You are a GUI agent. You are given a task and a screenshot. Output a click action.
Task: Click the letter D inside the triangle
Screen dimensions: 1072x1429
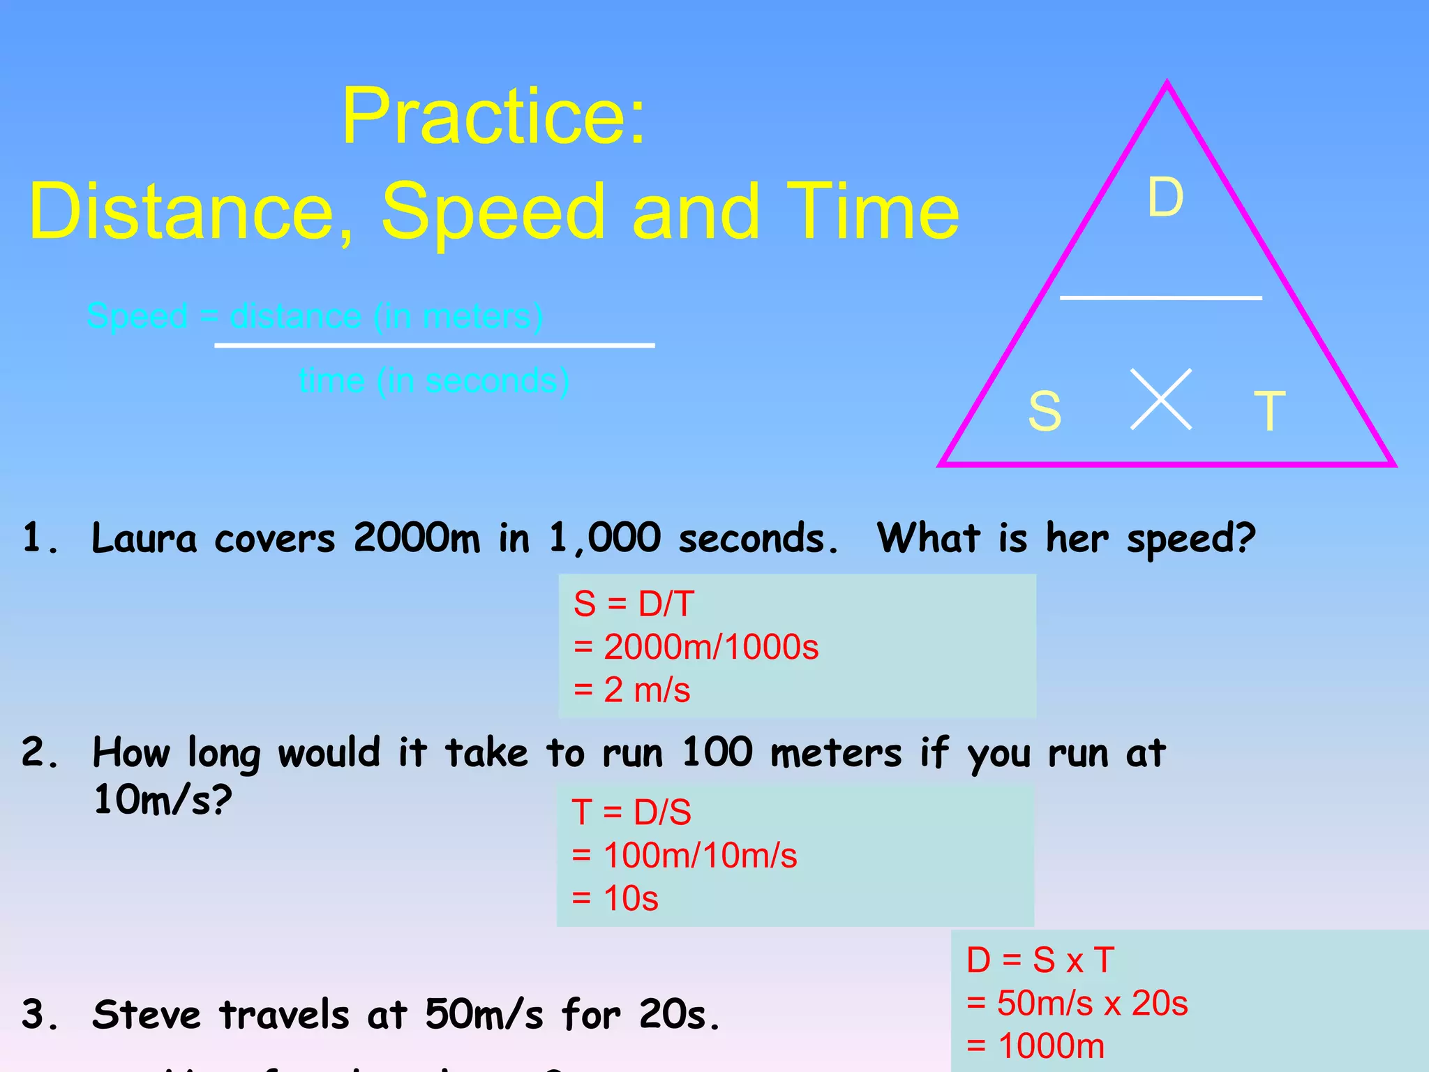1165,197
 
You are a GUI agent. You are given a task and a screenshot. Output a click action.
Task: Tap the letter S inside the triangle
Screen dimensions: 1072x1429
1045,411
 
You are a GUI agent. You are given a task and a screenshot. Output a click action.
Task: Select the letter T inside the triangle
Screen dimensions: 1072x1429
1269,411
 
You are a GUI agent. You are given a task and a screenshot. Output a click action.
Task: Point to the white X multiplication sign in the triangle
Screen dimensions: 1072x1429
1160,399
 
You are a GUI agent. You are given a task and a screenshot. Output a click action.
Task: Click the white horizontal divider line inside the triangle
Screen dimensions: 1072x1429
1160,298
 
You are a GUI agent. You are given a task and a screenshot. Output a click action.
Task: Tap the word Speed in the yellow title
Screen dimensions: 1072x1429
493,211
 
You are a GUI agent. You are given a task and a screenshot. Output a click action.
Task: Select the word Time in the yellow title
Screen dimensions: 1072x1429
873,211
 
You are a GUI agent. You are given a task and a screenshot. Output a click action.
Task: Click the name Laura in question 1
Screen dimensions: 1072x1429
144,539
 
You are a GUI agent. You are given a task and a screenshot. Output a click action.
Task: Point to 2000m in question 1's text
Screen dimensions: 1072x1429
417,539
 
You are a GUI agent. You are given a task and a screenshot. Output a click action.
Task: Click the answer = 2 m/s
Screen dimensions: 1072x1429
631,690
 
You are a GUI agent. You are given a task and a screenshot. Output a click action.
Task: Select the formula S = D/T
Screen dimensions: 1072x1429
634,604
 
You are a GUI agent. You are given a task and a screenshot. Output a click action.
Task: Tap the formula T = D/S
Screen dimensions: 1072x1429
631,812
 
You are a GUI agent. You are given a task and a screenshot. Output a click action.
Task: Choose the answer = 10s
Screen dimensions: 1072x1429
615,898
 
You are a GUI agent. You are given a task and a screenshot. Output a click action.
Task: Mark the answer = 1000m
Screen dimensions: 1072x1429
1035,1046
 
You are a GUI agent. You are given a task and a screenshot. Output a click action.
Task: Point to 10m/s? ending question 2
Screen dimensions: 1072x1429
162,800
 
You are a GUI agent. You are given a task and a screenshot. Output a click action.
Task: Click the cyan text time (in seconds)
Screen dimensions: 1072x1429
434,381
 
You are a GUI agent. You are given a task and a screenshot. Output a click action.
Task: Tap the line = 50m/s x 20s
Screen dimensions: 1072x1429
1077,1004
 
